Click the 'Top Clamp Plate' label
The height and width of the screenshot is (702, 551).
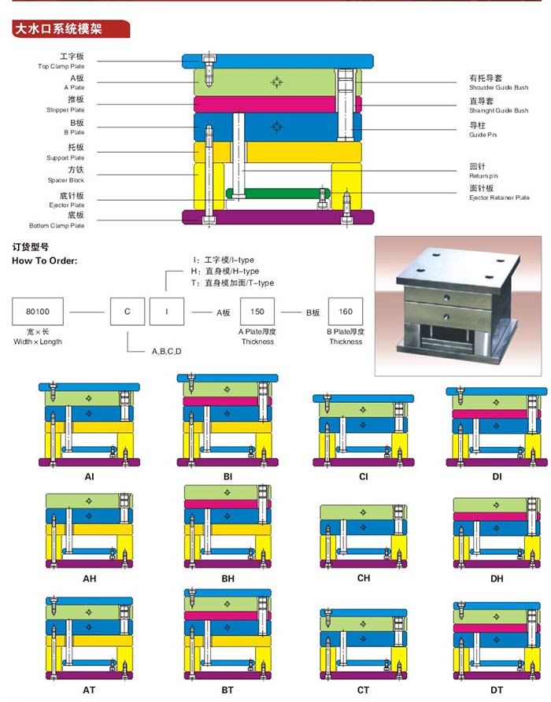tap(66, 66)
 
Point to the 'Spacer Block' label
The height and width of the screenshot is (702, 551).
tap(66, 180)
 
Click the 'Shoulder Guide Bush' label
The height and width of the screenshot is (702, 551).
tap(498, 88)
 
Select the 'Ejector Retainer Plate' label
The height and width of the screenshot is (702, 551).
tap(499, 198)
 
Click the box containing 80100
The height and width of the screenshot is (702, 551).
tap(37, 312)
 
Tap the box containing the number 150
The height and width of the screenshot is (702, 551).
tap(257, 312)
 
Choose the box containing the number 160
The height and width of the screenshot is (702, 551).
tap(346, 312)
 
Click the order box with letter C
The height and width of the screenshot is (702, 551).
tap(128, 312)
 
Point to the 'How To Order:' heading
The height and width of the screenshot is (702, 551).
tap(44, 260)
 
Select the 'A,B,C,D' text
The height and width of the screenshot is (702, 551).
tap(167, 351)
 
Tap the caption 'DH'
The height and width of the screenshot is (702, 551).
tap(497, 578)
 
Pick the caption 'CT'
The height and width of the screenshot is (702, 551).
tap(363, 690)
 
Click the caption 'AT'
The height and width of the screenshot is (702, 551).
tap(89, 689)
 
